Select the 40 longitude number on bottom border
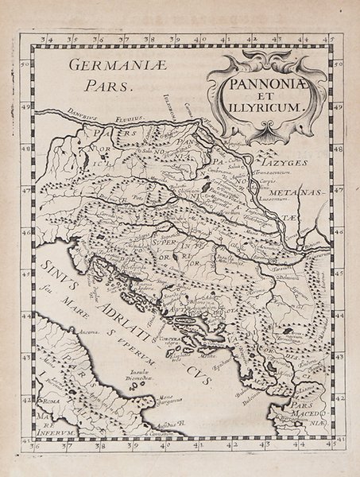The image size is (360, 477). (x=162, y=447)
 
